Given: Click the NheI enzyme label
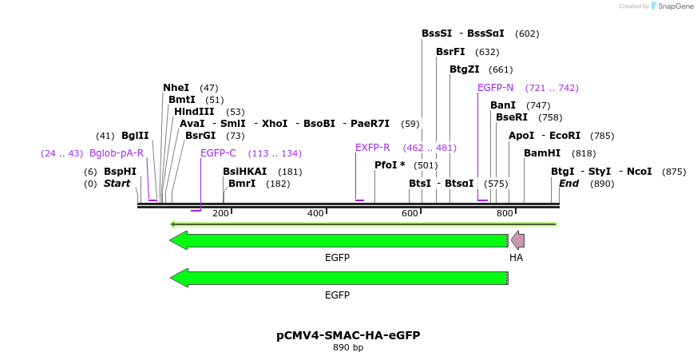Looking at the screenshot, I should click(x=176, y=88).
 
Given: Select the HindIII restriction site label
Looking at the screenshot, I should click(x=194, y=112).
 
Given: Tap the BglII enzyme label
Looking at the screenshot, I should click(x=135, y=136).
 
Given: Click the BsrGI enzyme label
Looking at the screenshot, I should click(x=200, y=136).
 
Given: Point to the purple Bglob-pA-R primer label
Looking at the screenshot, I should click(x=117, y=153).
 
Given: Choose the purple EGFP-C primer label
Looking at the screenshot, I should click(x=218, y=153).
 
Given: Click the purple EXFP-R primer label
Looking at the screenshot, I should click(x=372, y=148).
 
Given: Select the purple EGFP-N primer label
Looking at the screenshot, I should click(x=495, y=88).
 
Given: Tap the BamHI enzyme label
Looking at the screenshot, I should click(x=542, y=153).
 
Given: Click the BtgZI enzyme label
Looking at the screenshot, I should click(x=464, y=69).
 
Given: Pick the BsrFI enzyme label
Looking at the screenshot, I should click(x=450, y=52).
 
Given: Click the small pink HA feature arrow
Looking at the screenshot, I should click(x=517, y=240).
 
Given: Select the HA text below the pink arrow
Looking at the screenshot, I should click(x=517, y=258).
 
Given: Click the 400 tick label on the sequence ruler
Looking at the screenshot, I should click(x=315, y=213).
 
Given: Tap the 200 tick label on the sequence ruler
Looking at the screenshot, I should click(x=220, y=213).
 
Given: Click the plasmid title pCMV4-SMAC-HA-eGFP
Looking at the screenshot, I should click(x=348, y=335).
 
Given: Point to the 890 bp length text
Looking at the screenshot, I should click(x=348, y=348).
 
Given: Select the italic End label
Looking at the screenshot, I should click(x=568, y=184).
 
